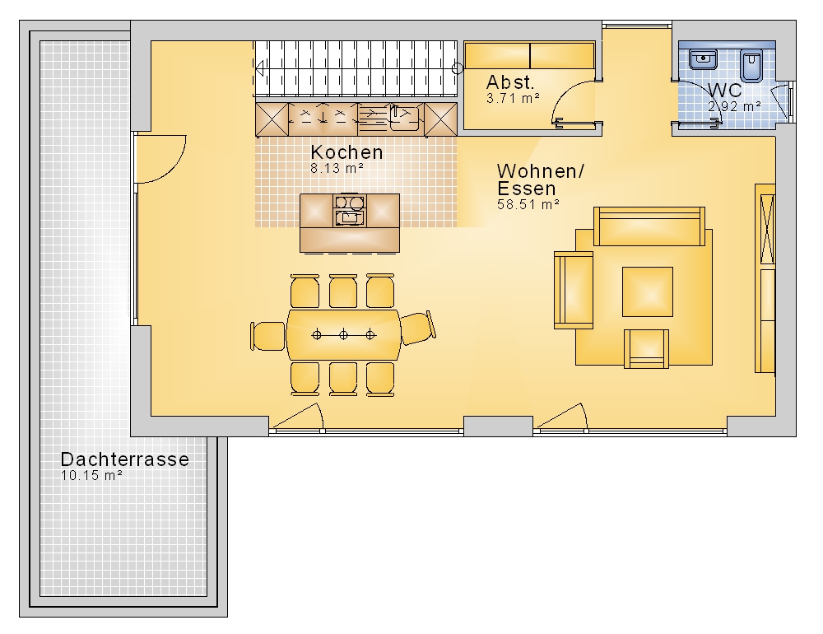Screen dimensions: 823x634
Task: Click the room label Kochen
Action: pos(346,152)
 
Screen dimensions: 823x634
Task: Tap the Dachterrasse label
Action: pos(125,459)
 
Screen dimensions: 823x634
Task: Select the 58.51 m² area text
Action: pos(528,204)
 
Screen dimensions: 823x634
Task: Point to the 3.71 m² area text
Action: pos(513,98)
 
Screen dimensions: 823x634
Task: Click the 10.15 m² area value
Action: pos(91,475)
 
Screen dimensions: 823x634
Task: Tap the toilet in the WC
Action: pos(751,66)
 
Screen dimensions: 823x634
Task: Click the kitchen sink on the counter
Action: pos(403,118)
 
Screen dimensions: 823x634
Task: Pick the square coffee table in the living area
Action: pos(648,292)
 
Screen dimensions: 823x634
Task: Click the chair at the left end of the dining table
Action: pos(268,336)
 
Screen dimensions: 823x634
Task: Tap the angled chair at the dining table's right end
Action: pos(418,328)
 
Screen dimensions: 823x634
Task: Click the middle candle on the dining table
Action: pos(343,334)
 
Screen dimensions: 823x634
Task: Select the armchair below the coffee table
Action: pos(647,349)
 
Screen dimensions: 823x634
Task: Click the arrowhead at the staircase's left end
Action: pos(259,68)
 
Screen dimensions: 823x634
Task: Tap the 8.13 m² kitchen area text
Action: pos(337,169)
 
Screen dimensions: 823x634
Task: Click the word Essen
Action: pos(527,189)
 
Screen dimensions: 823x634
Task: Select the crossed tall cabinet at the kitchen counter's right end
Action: pos(440,119)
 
